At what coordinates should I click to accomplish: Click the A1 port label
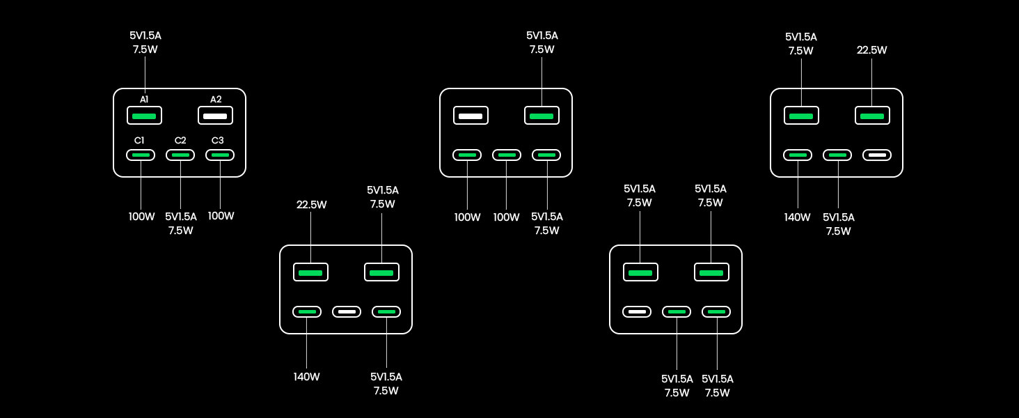(x=144, y=99)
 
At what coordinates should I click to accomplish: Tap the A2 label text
(x=216, y=99)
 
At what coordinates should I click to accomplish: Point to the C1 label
(x=139, y=140)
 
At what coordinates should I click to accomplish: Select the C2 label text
(x=180, y=140)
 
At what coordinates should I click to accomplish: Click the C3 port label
(x=217, y=140)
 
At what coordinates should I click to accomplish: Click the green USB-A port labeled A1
(x=144, y=116)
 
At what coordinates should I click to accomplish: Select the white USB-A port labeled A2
(x=215, y=116)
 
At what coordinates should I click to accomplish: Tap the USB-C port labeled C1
(x=141, y=155)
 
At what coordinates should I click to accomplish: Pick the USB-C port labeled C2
(x=180, y=155)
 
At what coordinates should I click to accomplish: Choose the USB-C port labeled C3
(x=220, y=155)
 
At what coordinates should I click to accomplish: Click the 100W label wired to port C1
(x=141, y=216)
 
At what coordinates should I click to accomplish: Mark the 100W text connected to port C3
(x=221, y=216)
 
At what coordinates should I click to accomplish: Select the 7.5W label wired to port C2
(x=180, y=231)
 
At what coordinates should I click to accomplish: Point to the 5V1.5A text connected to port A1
(x=145, y=36)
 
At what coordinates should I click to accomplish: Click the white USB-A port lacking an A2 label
(x=471, y=116)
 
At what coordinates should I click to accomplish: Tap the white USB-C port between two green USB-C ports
(x=347, y=312)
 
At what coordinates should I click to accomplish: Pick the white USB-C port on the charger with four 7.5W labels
(x=637, y=312)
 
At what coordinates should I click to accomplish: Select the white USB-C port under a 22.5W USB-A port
(x=877, y=155)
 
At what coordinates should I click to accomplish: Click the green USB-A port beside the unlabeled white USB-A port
(x=542, y=116)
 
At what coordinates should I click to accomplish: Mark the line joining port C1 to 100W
(x=141, y=185)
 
